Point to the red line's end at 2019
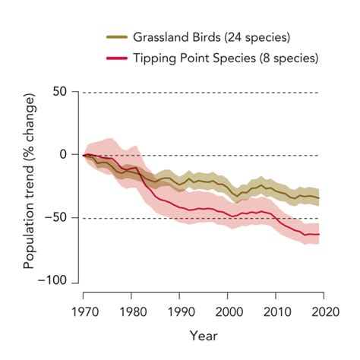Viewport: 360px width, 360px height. [318, 235]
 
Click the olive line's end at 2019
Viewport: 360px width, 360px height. [318, 197]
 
